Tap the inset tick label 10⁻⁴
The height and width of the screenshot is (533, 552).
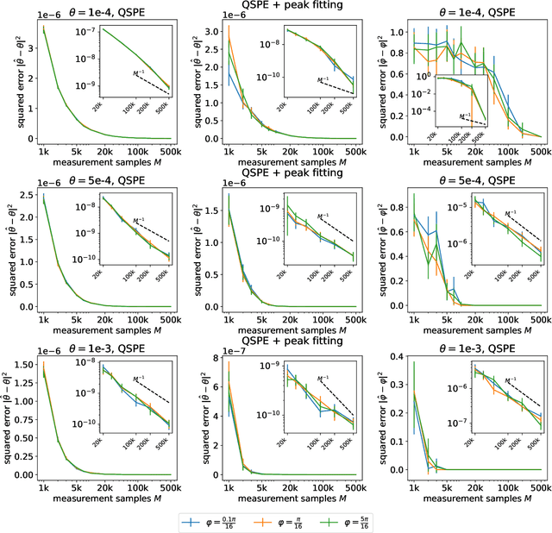pyautogui.click(x=421, y=111)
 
